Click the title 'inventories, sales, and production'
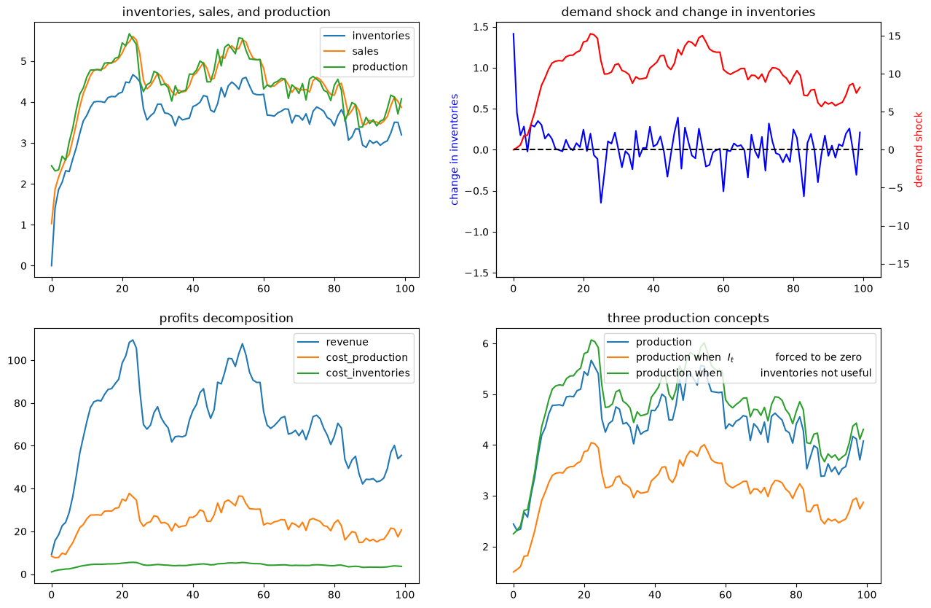click(x=226, y=12)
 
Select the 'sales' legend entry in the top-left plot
click(x=366, y=51)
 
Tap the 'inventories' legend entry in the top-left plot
click(x=381, y=36)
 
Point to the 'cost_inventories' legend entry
click(x=368, y=373)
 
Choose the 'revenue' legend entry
click(x=347, y=342)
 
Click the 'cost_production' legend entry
click(x=366, y=357)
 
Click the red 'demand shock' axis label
click(x=918, y=149)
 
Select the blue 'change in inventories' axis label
click(x=454, y=149)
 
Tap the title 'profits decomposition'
click(x=226, y=318)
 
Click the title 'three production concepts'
click(x=688, y=318)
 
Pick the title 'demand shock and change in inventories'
click(x=688, y=12)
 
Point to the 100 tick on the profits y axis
click(x=17, y=361)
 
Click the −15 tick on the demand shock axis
click(x=898, y=264)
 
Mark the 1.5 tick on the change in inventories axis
click(x=482, y=28)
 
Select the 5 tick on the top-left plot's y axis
click(x=24, y=61)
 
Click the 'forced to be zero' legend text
click(x=818, y=357)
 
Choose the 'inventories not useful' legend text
click(x=816, y=373)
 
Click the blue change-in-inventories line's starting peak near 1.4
click(x=514, y=34)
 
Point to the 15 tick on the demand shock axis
click(x=895, y=36)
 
